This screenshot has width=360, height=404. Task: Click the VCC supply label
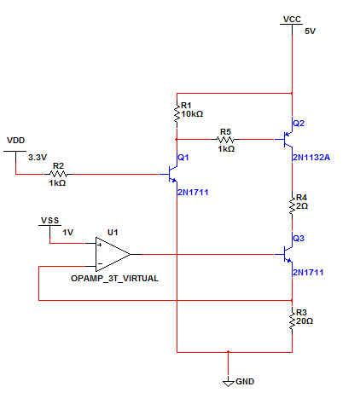tap(292, 20)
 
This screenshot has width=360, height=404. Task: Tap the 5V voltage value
tap(310, 32)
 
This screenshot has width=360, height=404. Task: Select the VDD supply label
tap(16, 141)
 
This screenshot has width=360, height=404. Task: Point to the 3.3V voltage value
tap(38, 157)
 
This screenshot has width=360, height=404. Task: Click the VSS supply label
tap(49, 221)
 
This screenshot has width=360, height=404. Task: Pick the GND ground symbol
tap(228, 384)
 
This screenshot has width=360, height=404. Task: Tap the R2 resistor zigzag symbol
tap(58, 174)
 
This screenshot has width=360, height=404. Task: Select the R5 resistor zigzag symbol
tap(225, 139)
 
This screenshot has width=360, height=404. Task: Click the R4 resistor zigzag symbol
tap(292, 205)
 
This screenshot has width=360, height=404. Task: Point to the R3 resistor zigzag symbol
tap(292, 320)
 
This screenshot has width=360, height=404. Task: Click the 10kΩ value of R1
tap(192, 114)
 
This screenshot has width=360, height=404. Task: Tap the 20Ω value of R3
tap(305, 321)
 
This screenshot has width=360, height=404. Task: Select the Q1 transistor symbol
tap(172, 174)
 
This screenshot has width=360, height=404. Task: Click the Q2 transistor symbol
tap(287, 139)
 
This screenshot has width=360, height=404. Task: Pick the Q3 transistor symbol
tap(287, 254)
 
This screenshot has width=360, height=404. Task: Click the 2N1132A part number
tap(311, 158)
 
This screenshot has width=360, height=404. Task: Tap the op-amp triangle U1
tap(113, 255)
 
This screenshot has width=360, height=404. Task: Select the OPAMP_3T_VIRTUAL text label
tap(114, 279)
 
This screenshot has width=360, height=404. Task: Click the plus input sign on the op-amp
tap(100, 245)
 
